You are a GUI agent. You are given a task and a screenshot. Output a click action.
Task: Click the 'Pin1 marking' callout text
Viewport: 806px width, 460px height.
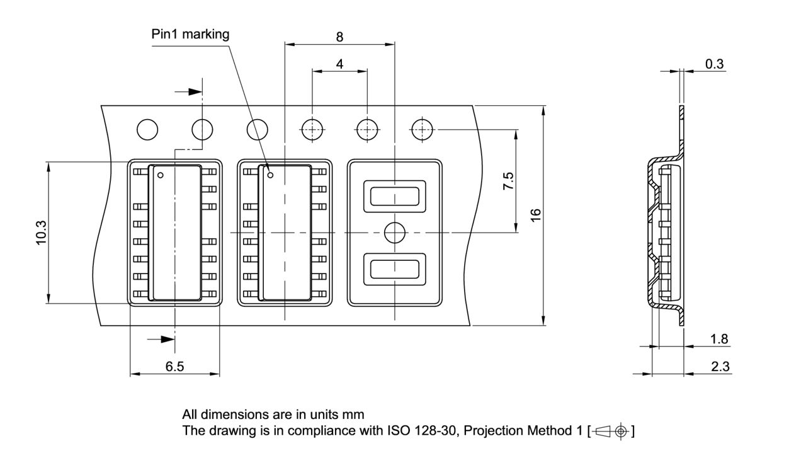[x=190, y=34]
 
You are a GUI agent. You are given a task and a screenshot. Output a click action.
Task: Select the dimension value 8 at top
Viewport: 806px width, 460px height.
[x=339, y=37]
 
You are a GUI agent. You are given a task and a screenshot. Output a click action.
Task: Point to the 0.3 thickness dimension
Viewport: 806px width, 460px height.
[x=714, y=64]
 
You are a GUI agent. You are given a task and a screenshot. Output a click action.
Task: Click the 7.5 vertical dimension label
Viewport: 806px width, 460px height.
[x=508, y=181]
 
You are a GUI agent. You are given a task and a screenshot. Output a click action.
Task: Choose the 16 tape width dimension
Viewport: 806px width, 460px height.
[x=536, y=214]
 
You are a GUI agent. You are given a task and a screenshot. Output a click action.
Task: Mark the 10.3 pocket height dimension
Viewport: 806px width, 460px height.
[x=41, y=233]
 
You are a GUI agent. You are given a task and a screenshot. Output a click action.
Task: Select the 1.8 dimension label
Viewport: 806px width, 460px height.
[x=719, y=339]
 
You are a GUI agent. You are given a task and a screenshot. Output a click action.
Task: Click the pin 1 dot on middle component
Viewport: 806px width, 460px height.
[x=270, y=175]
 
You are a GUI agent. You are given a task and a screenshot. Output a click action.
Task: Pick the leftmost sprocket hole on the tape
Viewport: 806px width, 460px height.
[x=147, y=130]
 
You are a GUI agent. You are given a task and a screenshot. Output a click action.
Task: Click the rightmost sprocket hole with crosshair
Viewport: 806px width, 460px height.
[x=421, y=130]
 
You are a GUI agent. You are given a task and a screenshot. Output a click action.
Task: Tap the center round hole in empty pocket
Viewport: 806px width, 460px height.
[x=395, y=233]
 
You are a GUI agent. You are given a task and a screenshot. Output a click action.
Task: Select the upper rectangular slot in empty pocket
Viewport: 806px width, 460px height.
[x=395, y=196]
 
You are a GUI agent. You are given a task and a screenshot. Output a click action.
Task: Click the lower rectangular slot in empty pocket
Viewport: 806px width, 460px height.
[x=395, y=269]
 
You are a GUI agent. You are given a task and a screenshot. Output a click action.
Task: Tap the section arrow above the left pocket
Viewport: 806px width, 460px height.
[x=188, y=92]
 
